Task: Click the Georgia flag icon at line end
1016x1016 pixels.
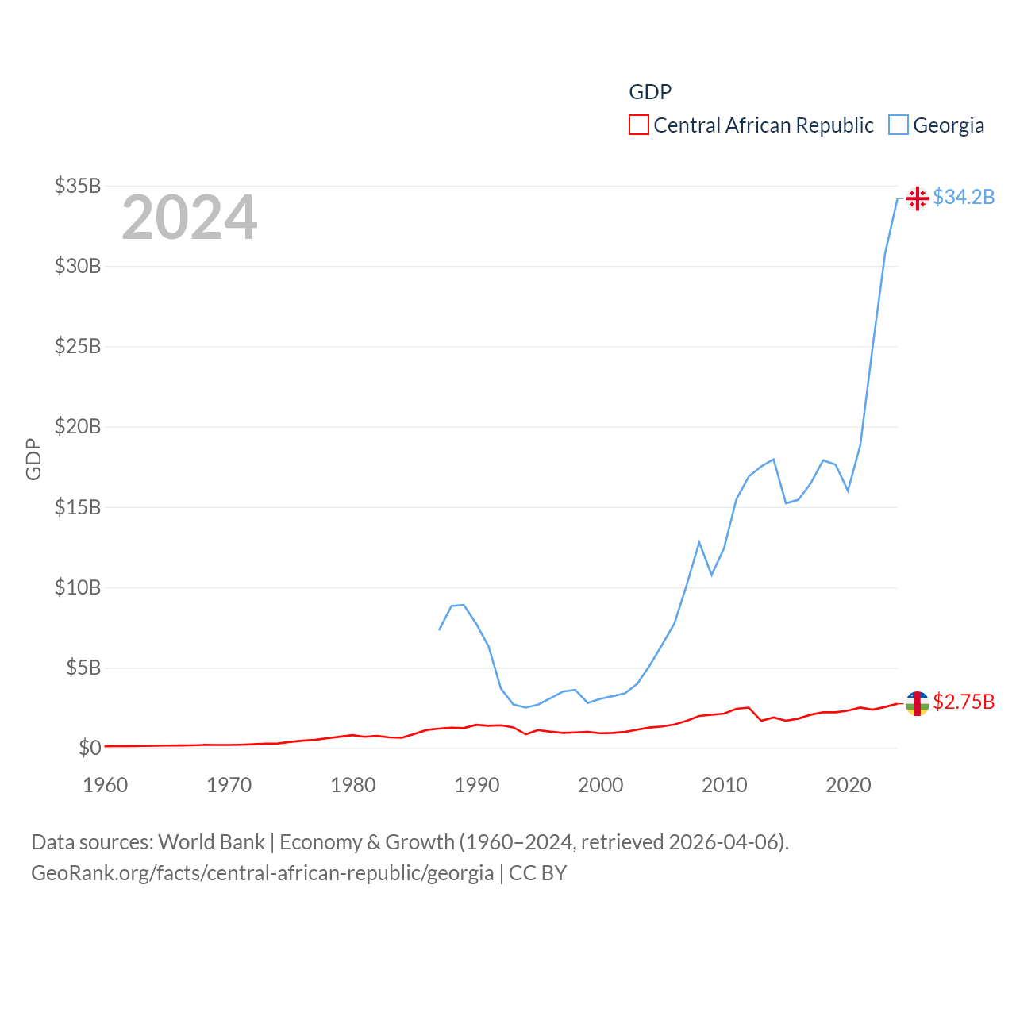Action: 917,198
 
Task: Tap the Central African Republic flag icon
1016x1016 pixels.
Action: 917,703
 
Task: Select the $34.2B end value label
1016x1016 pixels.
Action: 964,197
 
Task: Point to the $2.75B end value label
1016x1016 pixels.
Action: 964,702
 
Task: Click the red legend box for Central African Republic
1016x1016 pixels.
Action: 638,125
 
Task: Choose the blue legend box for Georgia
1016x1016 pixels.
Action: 898,125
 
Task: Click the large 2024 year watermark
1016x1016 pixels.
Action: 190,217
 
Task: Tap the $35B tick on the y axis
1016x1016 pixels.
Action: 78,186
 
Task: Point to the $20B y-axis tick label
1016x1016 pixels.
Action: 78,427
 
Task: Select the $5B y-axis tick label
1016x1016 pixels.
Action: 83,668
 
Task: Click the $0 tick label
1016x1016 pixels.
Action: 90,748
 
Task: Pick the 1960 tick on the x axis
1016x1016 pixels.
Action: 106,785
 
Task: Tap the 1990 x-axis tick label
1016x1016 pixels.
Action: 477,785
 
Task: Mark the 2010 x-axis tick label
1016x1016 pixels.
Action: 725,785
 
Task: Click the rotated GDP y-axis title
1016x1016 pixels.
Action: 33,459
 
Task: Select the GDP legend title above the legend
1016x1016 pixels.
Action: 650,92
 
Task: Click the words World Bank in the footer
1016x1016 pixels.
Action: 211,842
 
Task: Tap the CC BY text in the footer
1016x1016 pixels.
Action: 537,873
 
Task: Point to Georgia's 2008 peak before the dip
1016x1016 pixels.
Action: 699,542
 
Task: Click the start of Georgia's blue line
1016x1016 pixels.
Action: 440,629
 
